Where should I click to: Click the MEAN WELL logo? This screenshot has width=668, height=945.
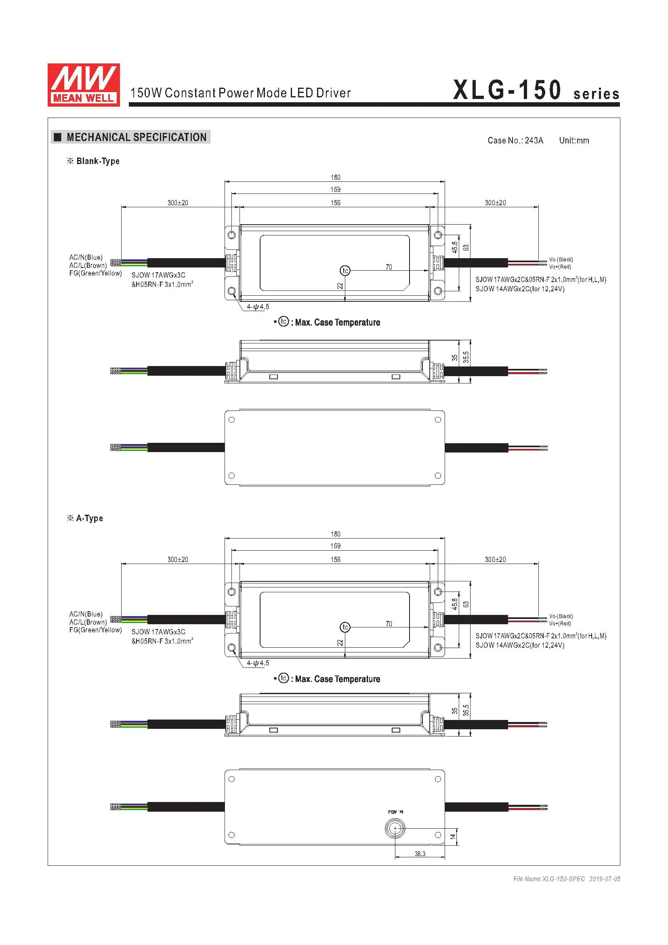pyautogui.click(x=84, y=85)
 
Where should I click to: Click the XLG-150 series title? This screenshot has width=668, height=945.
pyautogui.click(x=536, y=90)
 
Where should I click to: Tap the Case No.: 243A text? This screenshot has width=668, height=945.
pyautogui.click(x=515, y=140)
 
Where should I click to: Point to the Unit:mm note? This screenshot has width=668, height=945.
pyautogui.click(x=574, y=140)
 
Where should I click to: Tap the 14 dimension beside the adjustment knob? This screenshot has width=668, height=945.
pyautogui.click(x=452, y=837)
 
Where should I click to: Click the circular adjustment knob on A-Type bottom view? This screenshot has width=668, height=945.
pyautogui.click(x=395, y=828)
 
